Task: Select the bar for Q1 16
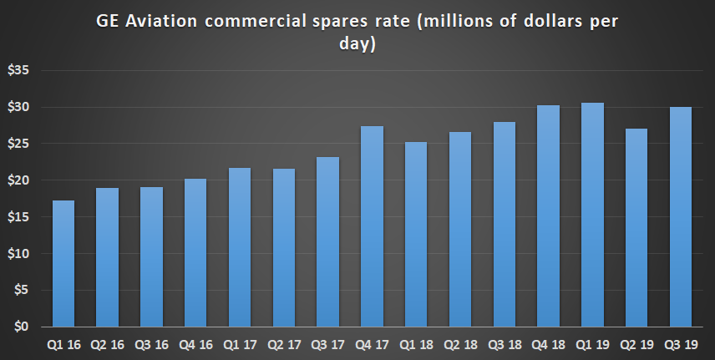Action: (63, 263)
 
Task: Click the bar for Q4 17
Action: (372, 226)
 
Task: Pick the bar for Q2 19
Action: (636, 227)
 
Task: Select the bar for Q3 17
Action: (327, 241)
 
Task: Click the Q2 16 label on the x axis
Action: (108, 344)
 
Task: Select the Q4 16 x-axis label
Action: (195, 344)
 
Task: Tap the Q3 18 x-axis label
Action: (504, 344)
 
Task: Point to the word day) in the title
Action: (357, 44)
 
